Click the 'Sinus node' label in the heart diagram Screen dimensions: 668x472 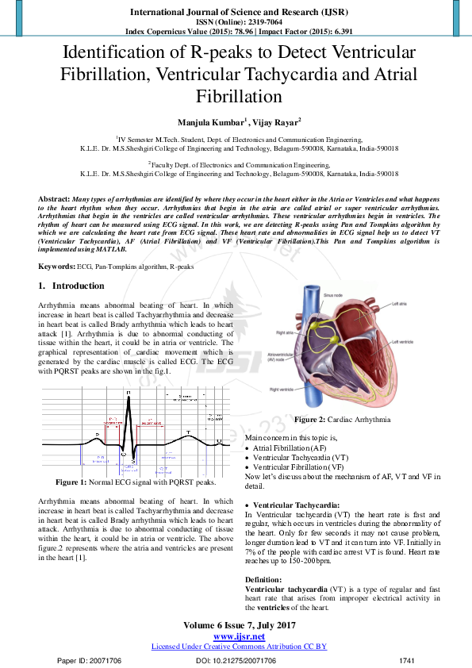click(334, 294)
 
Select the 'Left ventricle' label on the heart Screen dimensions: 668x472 click(403, 342)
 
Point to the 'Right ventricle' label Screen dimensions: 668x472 click(284, 390)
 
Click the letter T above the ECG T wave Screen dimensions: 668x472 click(188, 432)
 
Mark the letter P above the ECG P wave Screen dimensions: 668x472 click(98, 435)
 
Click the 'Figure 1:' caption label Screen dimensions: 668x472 click(71, 482)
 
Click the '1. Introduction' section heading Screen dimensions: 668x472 click(71, 286)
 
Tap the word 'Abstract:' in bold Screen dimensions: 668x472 click(54, 197)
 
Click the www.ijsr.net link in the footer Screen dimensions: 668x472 click(239, 637)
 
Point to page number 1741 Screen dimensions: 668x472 click(407, 660)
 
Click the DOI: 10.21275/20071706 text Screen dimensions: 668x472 click(235, 660)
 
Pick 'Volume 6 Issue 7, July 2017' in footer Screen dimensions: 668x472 click(239, 626)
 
